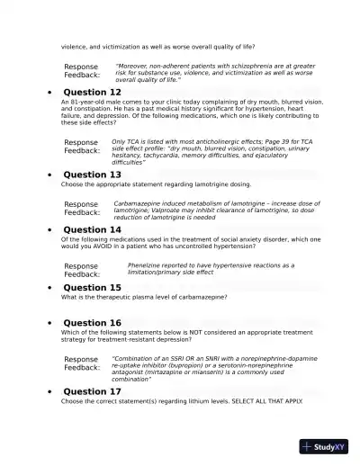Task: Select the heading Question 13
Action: coord(92,175)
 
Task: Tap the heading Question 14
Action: coord(92,229)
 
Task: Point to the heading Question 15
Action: coord(92,288)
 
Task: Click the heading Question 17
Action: coord(92,392)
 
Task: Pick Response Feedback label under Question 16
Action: coord(81,363)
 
